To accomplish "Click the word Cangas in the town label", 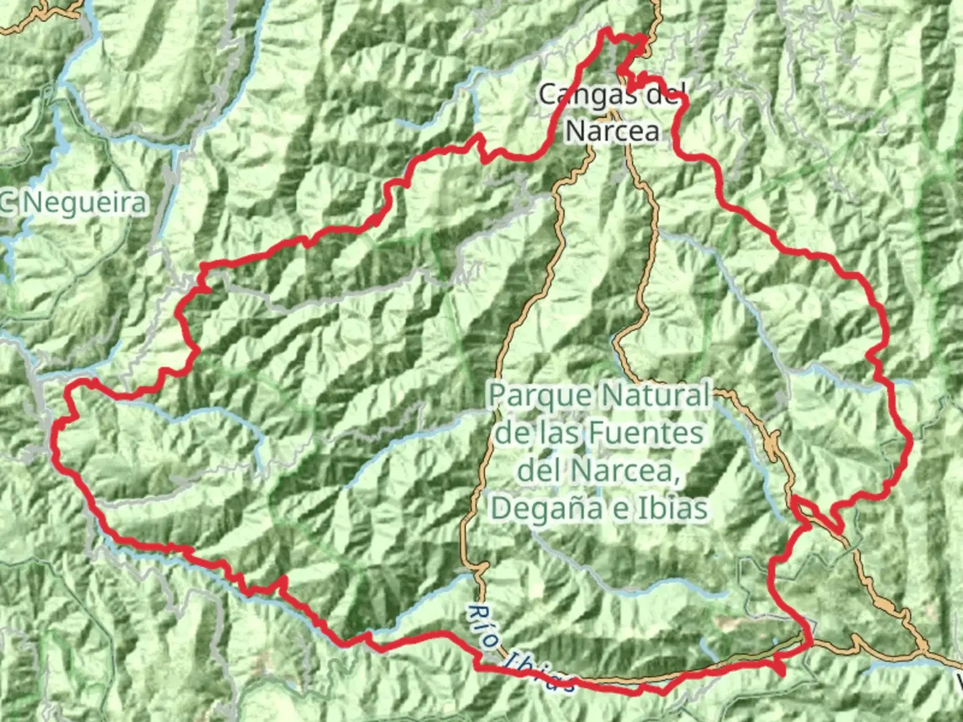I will pyautogui.click(x=579, y=95).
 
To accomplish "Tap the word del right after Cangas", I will pyautogui.click(x=663, y=94).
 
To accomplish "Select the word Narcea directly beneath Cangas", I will pyautogui.click(x=612, y=130).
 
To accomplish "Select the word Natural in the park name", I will pyautogui.click(x=653, y=395).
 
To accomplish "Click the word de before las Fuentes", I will pyautogui.click(x=510, y=433).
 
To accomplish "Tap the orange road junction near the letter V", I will pyautogui.click(x=924, y=649).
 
